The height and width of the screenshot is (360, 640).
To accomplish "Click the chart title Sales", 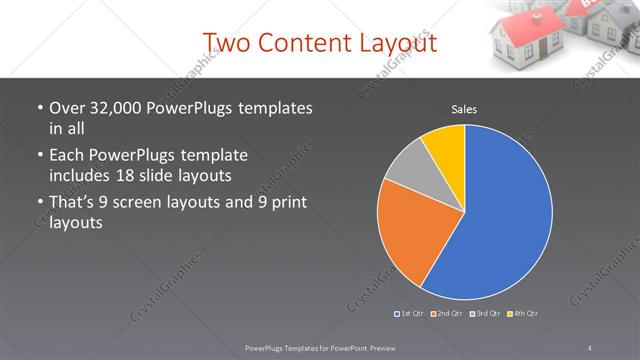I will [464, 108].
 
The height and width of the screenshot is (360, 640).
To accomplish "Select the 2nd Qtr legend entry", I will [447, 314].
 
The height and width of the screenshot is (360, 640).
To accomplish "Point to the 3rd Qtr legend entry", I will [485, 314].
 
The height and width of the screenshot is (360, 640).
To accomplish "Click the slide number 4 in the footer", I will [590, 347].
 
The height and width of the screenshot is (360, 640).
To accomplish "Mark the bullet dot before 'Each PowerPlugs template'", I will [39, 156].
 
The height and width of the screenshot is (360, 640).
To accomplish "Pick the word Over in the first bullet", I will [67, 108].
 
